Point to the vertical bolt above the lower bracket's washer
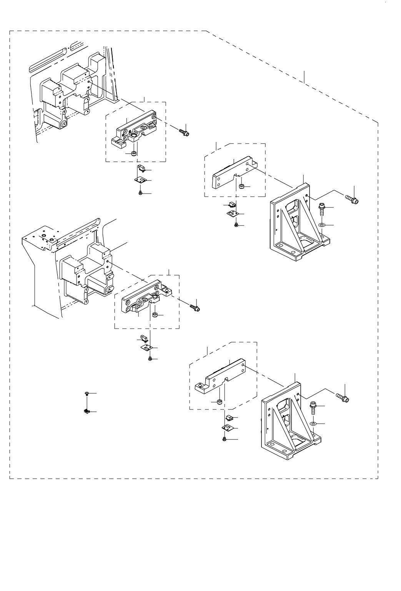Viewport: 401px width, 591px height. point(314,408)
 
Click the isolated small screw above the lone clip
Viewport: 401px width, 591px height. point(87,394)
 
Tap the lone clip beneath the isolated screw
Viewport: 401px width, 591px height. point(87,412)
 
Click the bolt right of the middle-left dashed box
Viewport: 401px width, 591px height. point(195,307)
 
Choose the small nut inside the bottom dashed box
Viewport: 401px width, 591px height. point(219,402)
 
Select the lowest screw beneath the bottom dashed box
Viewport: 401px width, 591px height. point(225,439)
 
